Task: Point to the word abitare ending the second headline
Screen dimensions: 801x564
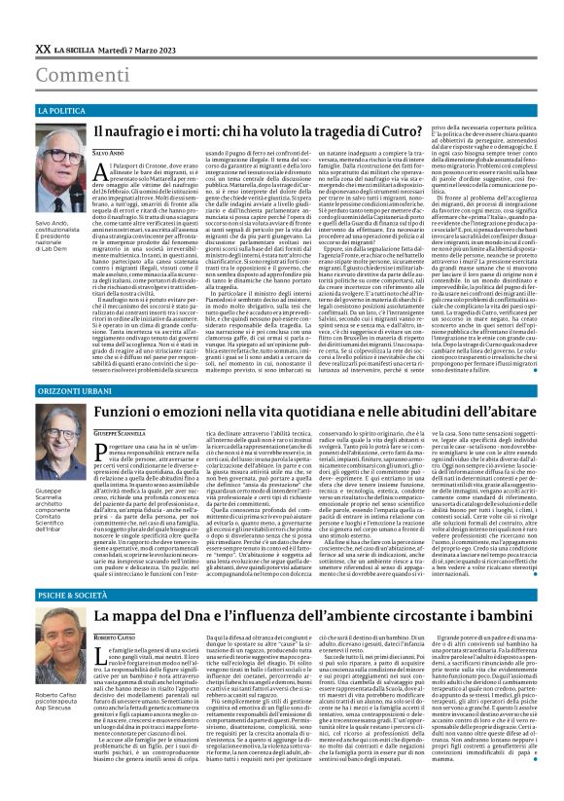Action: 527,413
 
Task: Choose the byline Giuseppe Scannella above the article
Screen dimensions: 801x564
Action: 121,431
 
